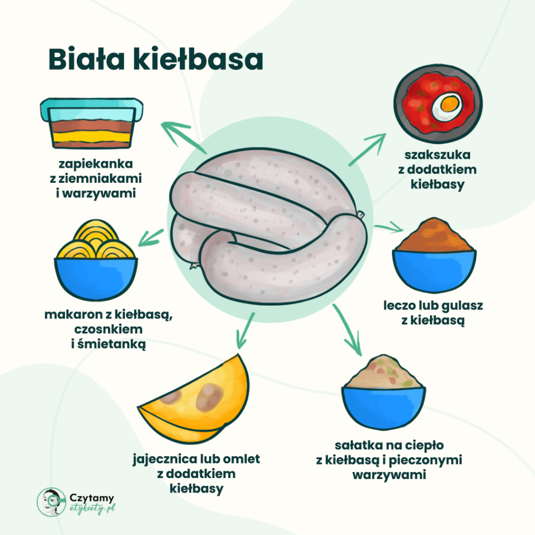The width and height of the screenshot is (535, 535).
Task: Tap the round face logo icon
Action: pyautogui.click(x=51, y=503)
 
